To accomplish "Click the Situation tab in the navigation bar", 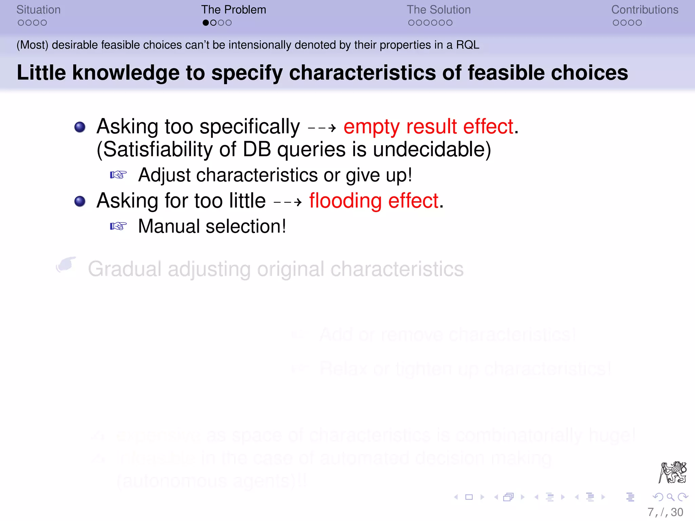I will point(38,9).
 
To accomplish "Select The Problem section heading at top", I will point(233,9).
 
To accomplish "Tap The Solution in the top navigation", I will point(438,9).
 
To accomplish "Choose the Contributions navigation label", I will point(644,9).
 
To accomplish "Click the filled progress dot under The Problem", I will point(206,23).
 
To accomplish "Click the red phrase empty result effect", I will point(429,127).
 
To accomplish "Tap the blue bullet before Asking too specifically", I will point(80,127).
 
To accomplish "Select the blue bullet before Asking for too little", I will point(80,201).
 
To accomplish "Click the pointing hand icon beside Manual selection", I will point(118,226).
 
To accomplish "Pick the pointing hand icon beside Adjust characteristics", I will point(118,175).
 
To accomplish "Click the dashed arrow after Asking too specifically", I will point(322,128).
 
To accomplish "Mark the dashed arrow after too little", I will point(287,202).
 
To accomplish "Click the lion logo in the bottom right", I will point(673,472).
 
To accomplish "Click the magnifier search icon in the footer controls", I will point(670,497).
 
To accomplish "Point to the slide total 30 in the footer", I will point(677,512).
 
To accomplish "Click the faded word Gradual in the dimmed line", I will point(125,269).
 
